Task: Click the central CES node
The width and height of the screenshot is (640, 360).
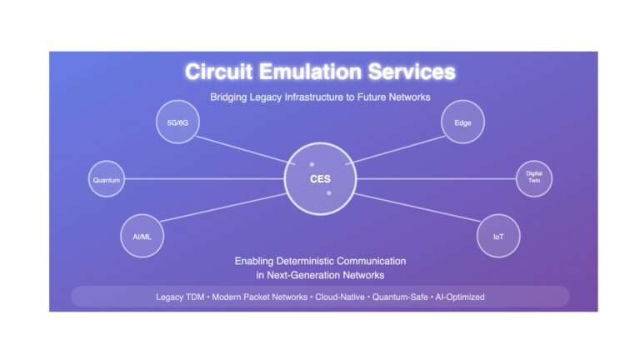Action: pyautogui.click(x=320, y=179)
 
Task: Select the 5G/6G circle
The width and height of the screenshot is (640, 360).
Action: pyautogui.click(x=177, y=122)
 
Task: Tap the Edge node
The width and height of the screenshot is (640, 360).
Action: pyautogui.click(x=462, y=122)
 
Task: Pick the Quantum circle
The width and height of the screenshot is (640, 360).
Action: pyautogui.click(x=107, y=179)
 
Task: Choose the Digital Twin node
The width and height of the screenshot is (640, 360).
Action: pyautogui.click(x=534, y=179)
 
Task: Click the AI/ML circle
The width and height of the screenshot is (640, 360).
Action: pyautogui.click(x=142, y=236)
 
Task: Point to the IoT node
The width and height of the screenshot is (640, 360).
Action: pyautogui.click(x=498, y=236)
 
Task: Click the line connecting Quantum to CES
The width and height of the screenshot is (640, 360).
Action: pyautogui.click(x=204, y=179)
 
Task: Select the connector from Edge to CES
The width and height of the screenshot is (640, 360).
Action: pyautogui.click(x=396, y=150)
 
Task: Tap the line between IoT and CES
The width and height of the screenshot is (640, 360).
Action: pyautogui.click(x=417, y=207)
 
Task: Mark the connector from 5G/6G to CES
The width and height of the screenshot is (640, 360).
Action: pyautogui.click(x=245, y=150)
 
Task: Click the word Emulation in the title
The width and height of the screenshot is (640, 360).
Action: pyautogui.click(x=310, y=72)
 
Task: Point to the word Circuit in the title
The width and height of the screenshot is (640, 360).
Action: pyautogui.click(x=219, y=72)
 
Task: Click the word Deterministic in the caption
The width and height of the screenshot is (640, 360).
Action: pyautogui.click(x=305, y=261)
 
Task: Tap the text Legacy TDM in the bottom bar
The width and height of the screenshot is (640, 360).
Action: pyautogui.click(x=180, y=297)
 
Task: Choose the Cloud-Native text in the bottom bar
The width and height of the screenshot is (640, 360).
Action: pyautogui.click(x=340, y=297)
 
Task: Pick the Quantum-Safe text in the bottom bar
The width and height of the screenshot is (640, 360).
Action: pyautogui.click(x=400, y=297)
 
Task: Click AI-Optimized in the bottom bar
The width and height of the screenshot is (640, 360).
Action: pyautogui.click(x=460, y=297)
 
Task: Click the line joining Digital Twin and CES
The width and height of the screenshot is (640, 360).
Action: pyautogui.click(x=437, y=179)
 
